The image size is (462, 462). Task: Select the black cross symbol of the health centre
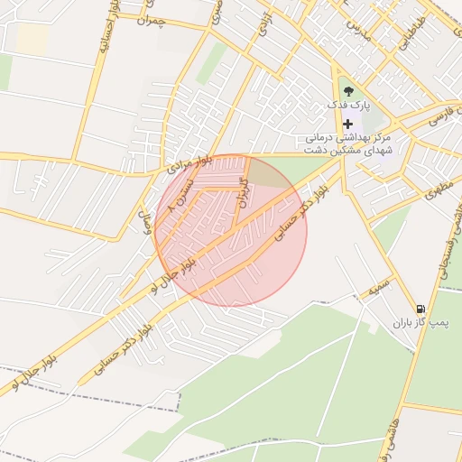[348, 123]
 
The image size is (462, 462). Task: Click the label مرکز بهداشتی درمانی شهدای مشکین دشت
[347, 143]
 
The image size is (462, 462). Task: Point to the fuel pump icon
[420, 308]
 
